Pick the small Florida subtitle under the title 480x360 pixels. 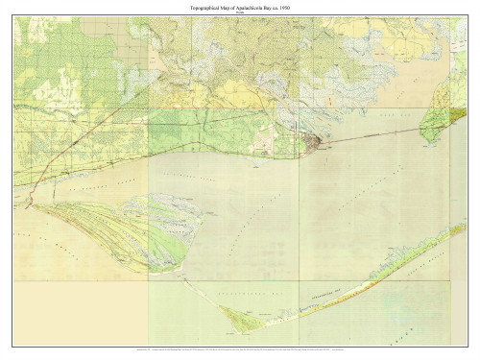(x=240, y=13)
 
